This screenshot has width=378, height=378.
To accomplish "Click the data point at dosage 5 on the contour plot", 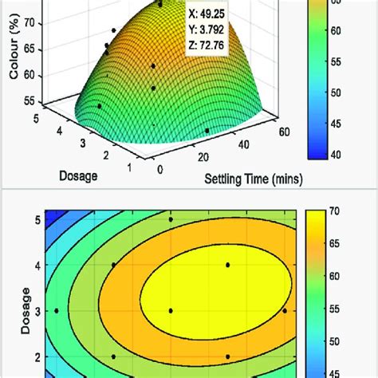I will click(171, 219).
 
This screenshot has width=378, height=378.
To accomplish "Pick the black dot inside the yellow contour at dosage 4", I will click(228, 265).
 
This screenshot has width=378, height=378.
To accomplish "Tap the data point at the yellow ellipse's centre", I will click(171, 311).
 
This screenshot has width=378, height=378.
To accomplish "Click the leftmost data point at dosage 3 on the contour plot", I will click(57, 311).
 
